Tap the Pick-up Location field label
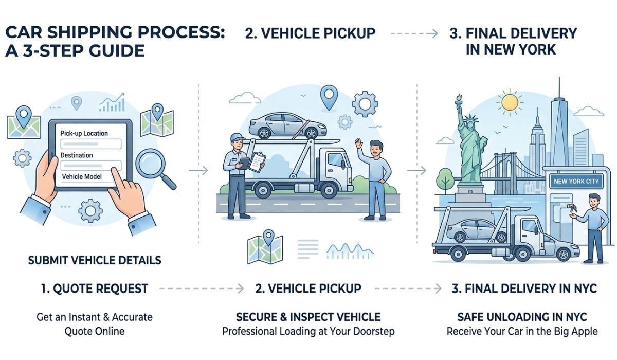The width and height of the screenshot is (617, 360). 84,133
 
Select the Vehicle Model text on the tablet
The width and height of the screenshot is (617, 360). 82,176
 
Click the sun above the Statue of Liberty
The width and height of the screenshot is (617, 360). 510,101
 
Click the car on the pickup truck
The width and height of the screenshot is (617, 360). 281,125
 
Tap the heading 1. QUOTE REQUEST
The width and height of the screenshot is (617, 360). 94,289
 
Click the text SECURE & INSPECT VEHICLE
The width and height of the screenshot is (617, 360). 308,316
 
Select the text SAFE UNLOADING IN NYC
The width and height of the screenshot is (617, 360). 522,316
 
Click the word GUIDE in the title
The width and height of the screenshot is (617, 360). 113,51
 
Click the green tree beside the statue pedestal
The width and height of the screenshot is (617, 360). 443,181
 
